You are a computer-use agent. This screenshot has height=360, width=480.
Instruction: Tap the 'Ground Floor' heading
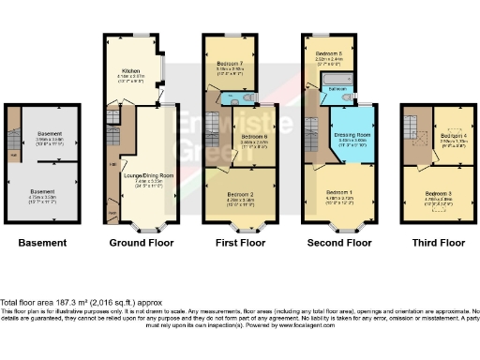[x=140, y=243]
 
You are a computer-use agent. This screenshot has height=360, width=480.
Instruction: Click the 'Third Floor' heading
[x=438, y=243]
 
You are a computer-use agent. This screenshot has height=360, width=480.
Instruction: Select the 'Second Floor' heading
[x=338, y=243]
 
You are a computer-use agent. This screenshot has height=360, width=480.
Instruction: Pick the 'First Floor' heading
[x=237, y=243]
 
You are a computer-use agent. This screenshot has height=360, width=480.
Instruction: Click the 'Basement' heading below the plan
[x=42, y=243]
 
